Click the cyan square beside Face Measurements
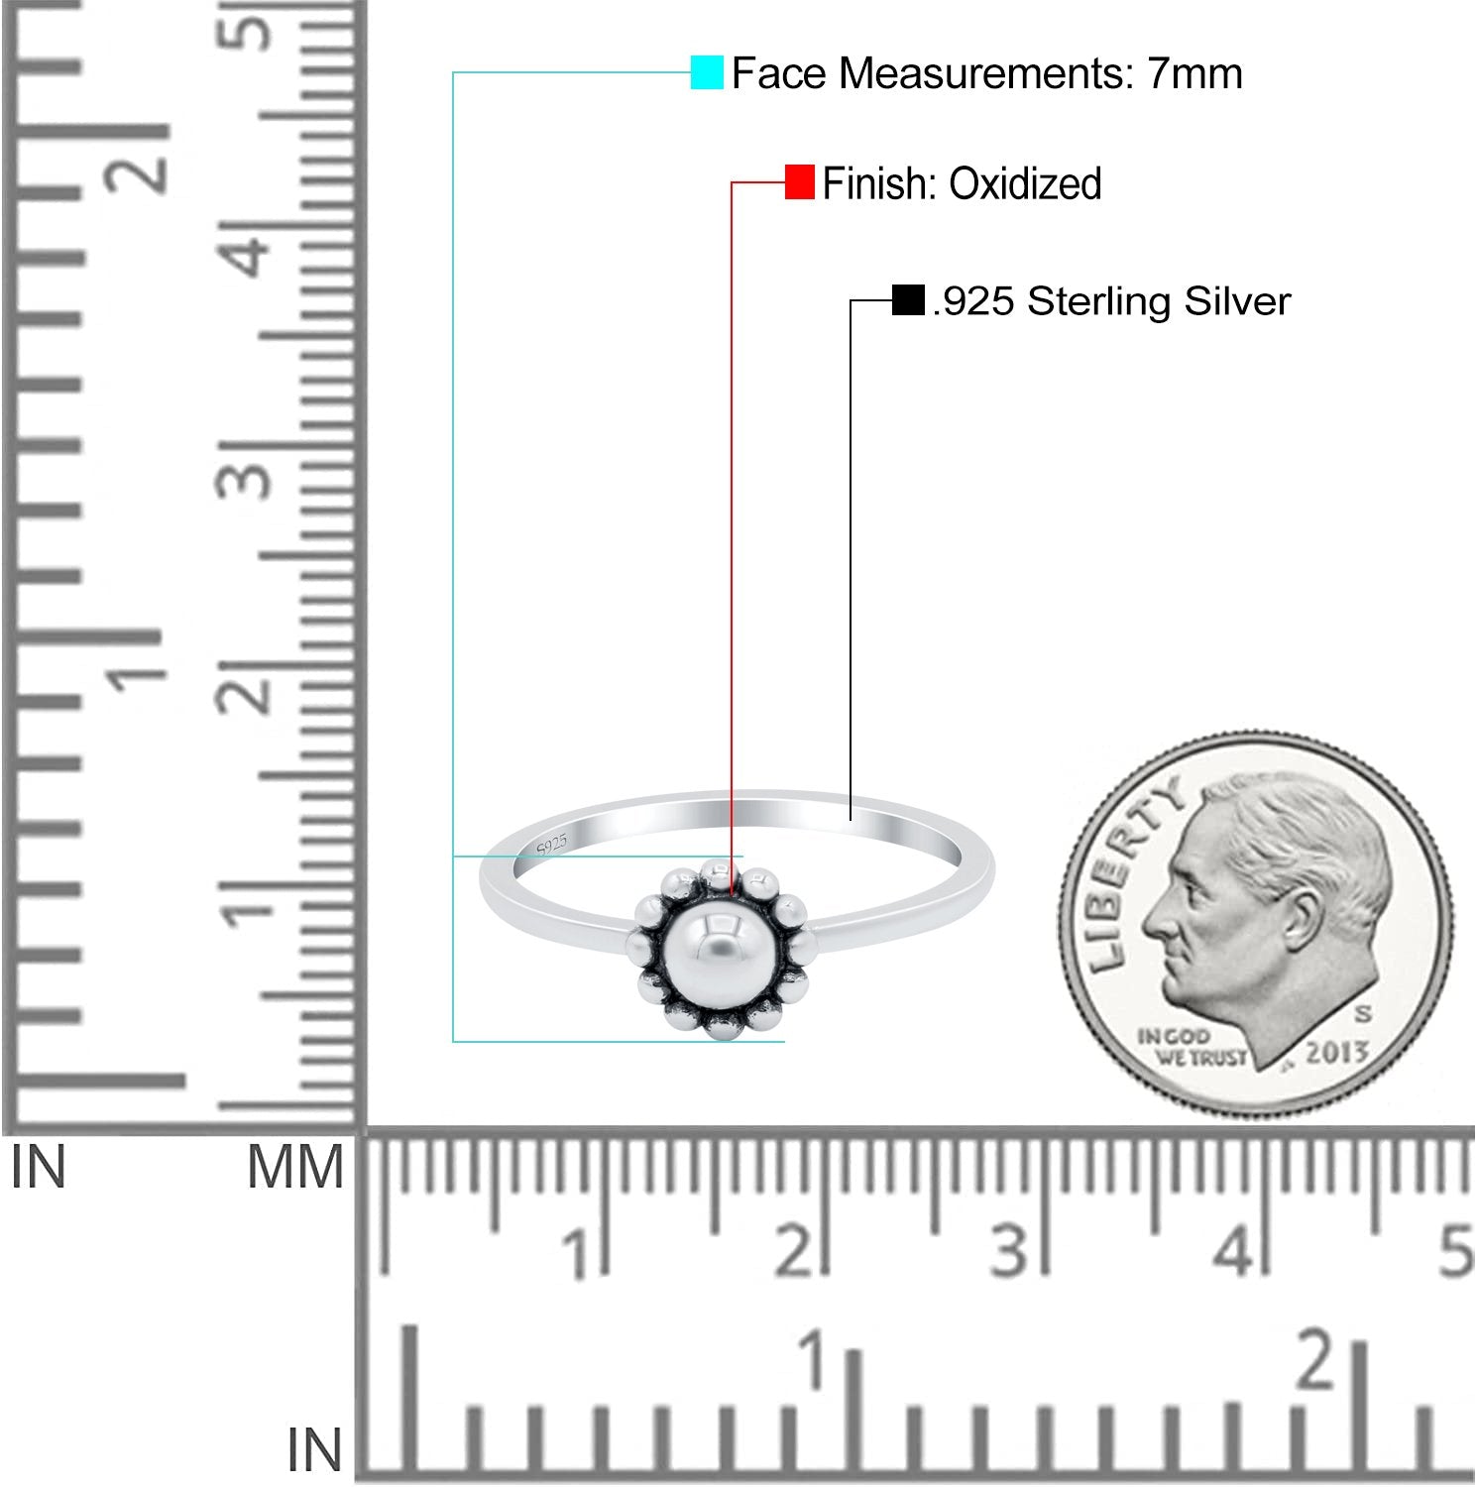click(707, 72)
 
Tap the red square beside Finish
click(799, 182)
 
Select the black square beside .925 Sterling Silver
click(908, 300)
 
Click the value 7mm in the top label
click(1194, 73)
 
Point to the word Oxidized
click(1025, 183)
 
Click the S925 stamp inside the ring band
click(551, 846)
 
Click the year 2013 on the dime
click(1336, 1052)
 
